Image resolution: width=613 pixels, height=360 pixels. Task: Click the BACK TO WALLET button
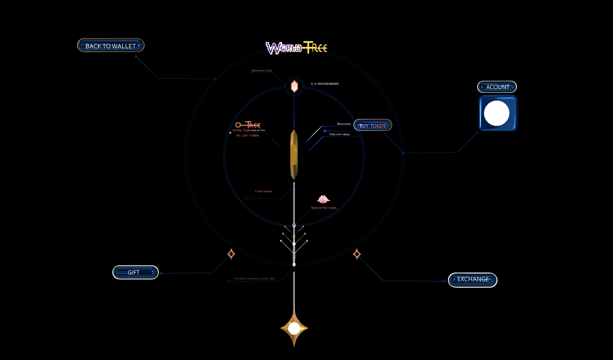110,46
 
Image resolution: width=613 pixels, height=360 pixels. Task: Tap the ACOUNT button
497,87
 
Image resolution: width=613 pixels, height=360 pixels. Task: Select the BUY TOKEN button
372,125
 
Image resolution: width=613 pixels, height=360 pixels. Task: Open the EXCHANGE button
472,280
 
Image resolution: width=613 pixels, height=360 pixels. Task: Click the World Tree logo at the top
296,47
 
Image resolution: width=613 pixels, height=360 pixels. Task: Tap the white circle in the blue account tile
497,113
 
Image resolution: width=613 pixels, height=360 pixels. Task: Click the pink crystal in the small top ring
294,86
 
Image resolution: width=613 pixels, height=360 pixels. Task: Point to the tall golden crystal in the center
294,154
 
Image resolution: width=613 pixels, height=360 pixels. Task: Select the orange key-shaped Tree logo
248,125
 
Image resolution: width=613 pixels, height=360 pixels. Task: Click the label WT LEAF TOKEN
247,135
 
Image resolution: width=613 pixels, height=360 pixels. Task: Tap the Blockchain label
344,124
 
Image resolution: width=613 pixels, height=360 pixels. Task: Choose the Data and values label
339,134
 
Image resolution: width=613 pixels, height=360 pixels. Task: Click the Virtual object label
263,191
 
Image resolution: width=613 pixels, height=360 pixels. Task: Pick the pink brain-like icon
323,199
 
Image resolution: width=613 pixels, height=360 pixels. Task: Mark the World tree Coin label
262,71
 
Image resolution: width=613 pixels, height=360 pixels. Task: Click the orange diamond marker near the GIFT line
231,254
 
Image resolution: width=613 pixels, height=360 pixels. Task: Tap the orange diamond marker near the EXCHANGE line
357,254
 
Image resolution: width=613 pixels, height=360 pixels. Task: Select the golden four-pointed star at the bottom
294,329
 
